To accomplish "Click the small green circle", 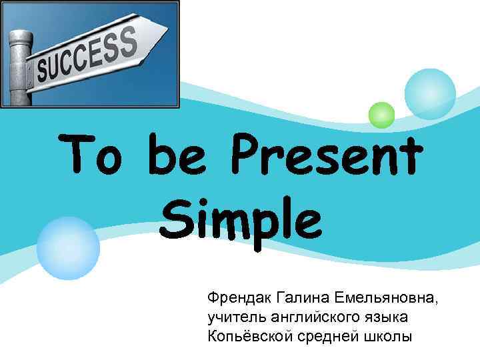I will [x=382, y=115].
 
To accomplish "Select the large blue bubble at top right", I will [x=430, y=94].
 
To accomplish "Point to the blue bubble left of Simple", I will [x=68, y=248].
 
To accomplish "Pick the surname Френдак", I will [x=241, y=295].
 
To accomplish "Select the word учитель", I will [x=235, y=315].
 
